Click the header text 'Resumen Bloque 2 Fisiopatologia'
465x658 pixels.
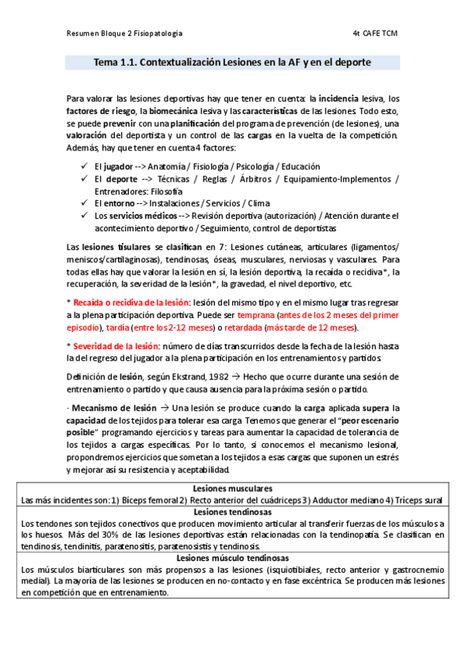pyautogui.click(x=125, y=34)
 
